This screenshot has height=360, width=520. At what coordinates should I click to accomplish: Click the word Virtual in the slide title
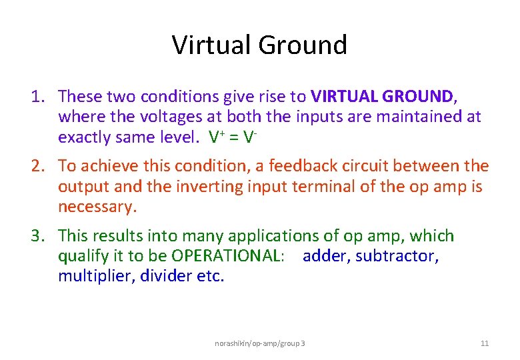pyautogui.click(x=211, y=45)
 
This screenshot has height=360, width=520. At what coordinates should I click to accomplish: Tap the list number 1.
pyautogui.click(x=37, y=97)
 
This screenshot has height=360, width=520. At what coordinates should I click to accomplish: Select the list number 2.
pyautogui.click(x=37, y=166)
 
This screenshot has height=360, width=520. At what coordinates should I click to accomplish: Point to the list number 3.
pyautogui.click(x=37, y=236)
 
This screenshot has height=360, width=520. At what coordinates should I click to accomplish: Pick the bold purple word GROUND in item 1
pyautogui.click(x=417, y=97)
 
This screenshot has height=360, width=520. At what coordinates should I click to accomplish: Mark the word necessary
pyautogui.click(x=97, y=207)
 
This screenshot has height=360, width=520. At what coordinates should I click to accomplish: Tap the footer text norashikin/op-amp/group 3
pyautogui.click(x=260, y=343)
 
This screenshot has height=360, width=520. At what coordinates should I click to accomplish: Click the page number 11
pyautogui.click(x=485, y=343)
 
